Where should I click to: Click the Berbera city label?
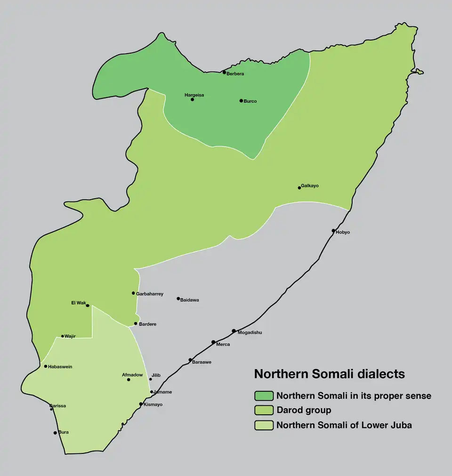(x=235, y=74)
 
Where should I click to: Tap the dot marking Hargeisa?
(x=192, y=99)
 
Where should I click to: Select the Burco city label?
(x=250, y=101)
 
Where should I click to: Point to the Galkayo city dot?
(x=299, y=188)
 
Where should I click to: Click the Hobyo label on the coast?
(x=343, y=232)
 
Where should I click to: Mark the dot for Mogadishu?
(x=234, y=331)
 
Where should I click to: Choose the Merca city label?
(x=223, y=345)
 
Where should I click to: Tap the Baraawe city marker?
(x=190, y=360)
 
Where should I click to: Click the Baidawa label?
(x=189, y=300)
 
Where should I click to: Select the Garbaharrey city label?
(x=150, y=294)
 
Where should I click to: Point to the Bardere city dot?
(x=136, y=323)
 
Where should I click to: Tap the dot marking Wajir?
(x=63, y=336)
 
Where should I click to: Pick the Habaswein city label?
(x=60, y=367)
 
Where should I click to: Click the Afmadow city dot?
(x=129, y=379)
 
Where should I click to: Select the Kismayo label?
(x=153, y=404)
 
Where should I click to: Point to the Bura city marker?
(x=55, y=433)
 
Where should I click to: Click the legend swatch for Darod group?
(x=264, y=410)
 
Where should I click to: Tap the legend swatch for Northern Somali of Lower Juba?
(x=264, y=425)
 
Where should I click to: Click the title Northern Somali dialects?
(x=329, y=374)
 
